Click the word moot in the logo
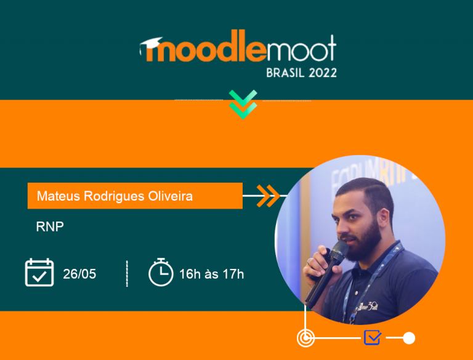point(301,49)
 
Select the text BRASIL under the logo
point(285,73)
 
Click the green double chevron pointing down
point(243,105)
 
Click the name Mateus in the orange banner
point(59,196)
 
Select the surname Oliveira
point(171,196)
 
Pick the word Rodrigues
point(114,196)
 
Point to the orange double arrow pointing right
point(268,196)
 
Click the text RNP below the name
point(50,226)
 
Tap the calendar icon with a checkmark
point(39,272)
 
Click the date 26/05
point(79,274)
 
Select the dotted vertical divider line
point(127,273)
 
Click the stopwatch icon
point(161,272)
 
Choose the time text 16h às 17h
point(211,274)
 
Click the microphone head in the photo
point(339,250)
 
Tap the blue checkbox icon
point(373,337)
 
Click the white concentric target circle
point(305,338)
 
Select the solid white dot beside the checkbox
point(409,338)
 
